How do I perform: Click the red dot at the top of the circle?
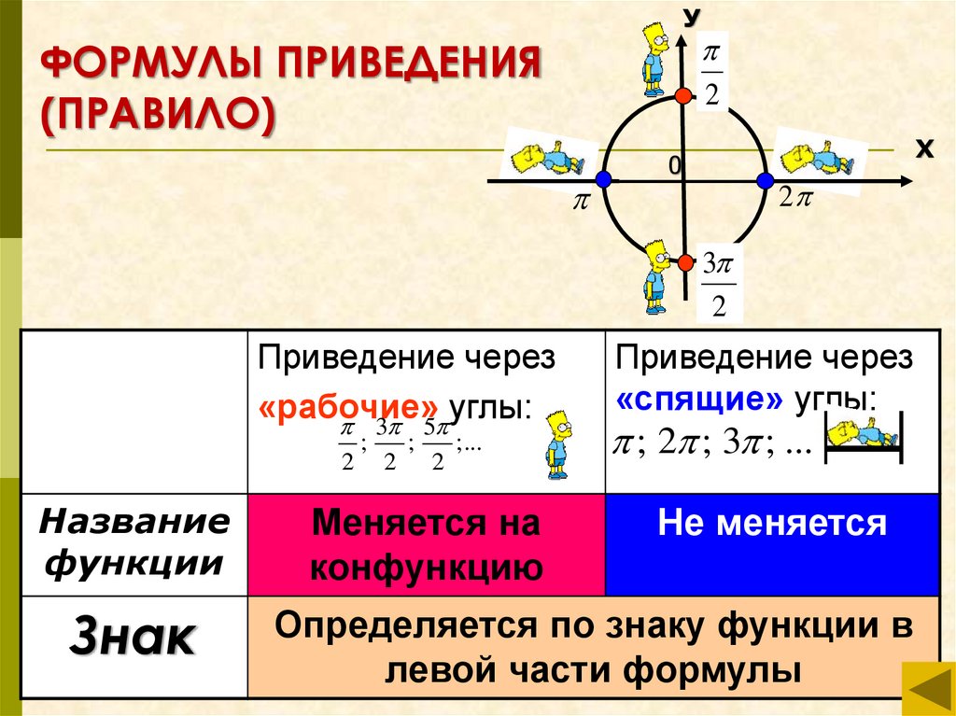point(683,96)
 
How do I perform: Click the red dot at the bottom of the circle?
point(684,262)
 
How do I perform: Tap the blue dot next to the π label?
point(603,180)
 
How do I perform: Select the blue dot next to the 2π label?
point(765,180)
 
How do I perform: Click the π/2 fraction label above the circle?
point(712,74)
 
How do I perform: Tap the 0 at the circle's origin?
point(672,165)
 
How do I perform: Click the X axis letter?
point(923,148)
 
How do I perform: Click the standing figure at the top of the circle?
point(654,58)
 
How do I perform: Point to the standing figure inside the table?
point(557,442)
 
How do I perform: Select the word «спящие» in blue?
point(699,400)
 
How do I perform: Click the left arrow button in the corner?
point(927,691)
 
